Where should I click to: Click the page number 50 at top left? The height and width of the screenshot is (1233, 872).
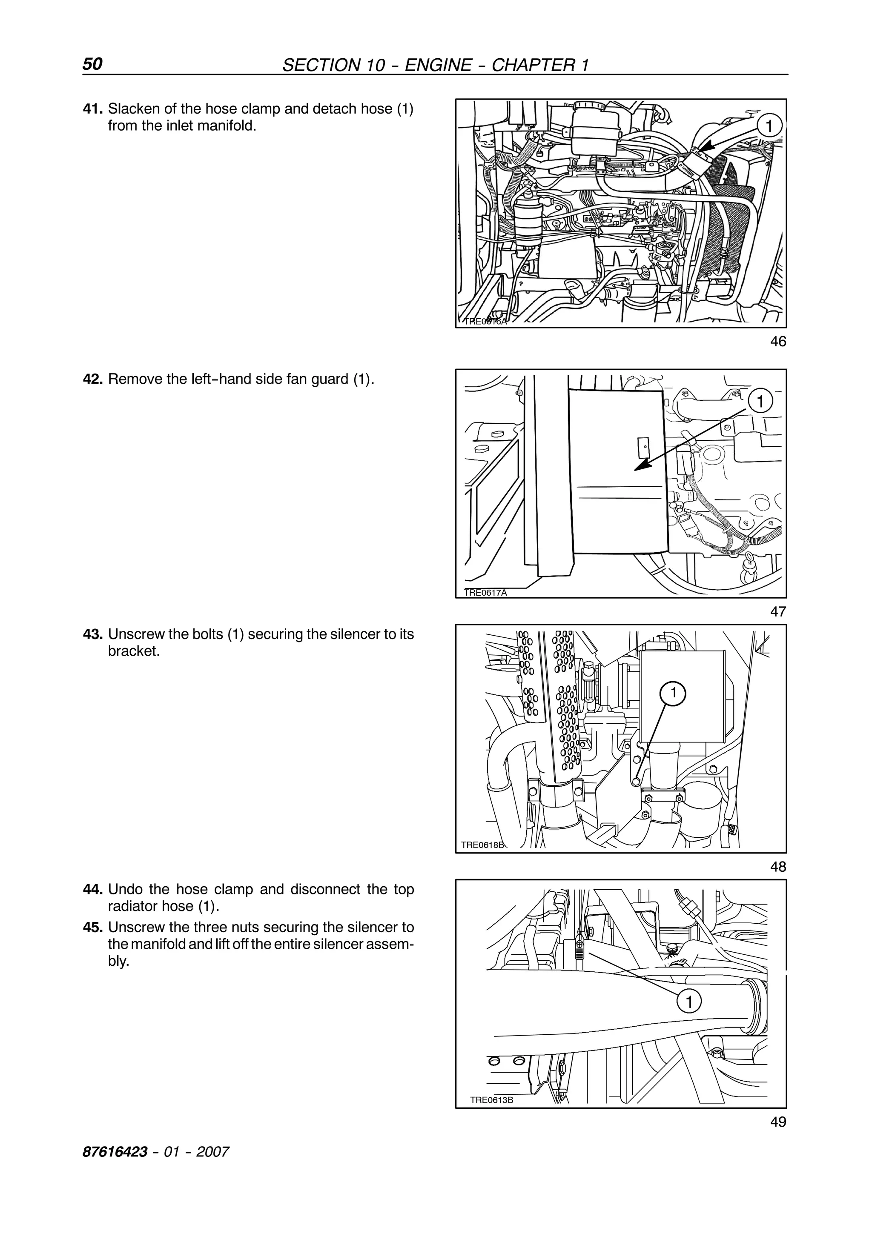(x=92, y=64)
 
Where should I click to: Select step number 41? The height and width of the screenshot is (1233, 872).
(x=92, y=109)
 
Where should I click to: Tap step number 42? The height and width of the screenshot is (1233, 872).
(x=92, y=379)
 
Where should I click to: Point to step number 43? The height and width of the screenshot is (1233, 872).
(x=92, y=634)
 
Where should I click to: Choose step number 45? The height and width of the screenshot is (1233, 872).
(x=92, y=928)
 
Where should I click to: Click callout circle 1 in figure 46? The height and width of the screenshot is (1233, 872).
(x=769, y=127)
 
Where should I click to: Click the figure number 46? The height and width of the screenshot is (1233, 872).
(x=777, y=342)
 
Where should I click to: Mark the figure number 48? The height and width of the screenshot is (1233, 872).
(x=777, y=866)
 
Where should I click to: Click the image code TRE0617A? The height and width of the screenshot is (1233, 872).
(x=485, y=593)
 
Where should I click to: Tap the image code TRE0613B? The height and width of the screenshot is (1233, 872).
(x=492, y=1100)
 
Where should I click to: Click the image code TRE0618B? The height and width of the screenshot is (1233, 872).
(x=482, y=845)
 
